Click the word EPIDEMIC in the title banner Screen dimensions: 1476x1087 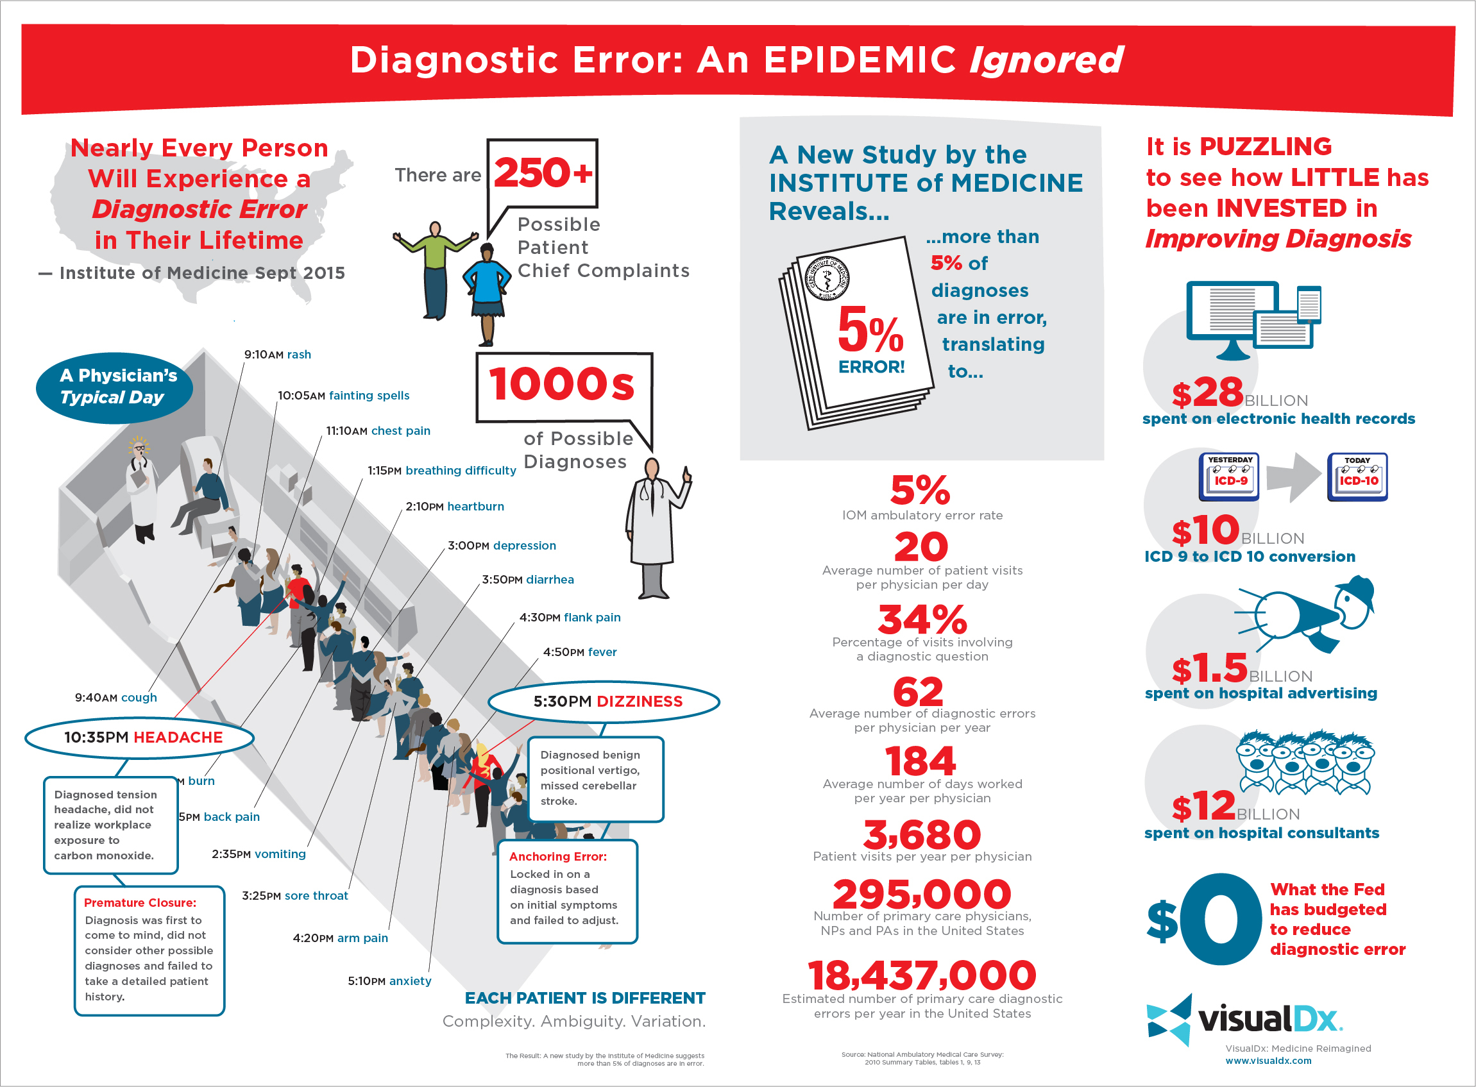coord(860,60)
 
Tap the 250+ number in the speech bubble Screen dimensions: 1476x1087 coord(543,173)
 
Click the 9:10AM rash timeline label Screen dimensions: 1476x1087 coord(277,355)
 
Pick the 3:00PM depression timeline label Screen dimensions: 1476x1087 coord(502,546)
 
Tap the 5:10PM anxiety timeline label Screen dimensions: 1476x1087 coord(389,981)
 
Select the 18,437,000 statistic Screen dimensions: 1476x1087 coord(921,975)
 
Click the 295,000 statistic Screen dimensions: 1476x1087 coord(921,895)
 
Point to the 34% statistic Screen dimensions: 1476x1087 coord(922,620)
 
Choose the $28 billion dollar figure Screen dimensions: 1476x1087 coord(1207,393)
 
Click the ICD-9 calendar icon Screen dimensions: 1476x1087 coord(1229,476)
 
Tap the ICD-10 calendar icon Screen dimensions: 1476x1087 coord(1357,476)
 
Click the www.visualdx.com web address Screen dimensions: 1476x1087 coord(1268,1061)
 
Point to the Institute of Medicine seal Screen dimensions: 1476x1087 coord(826,278)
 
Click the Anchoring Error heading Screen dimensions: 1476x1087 coord(557,857)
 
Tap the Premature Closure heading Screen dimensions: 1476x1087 coord(140,903)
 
